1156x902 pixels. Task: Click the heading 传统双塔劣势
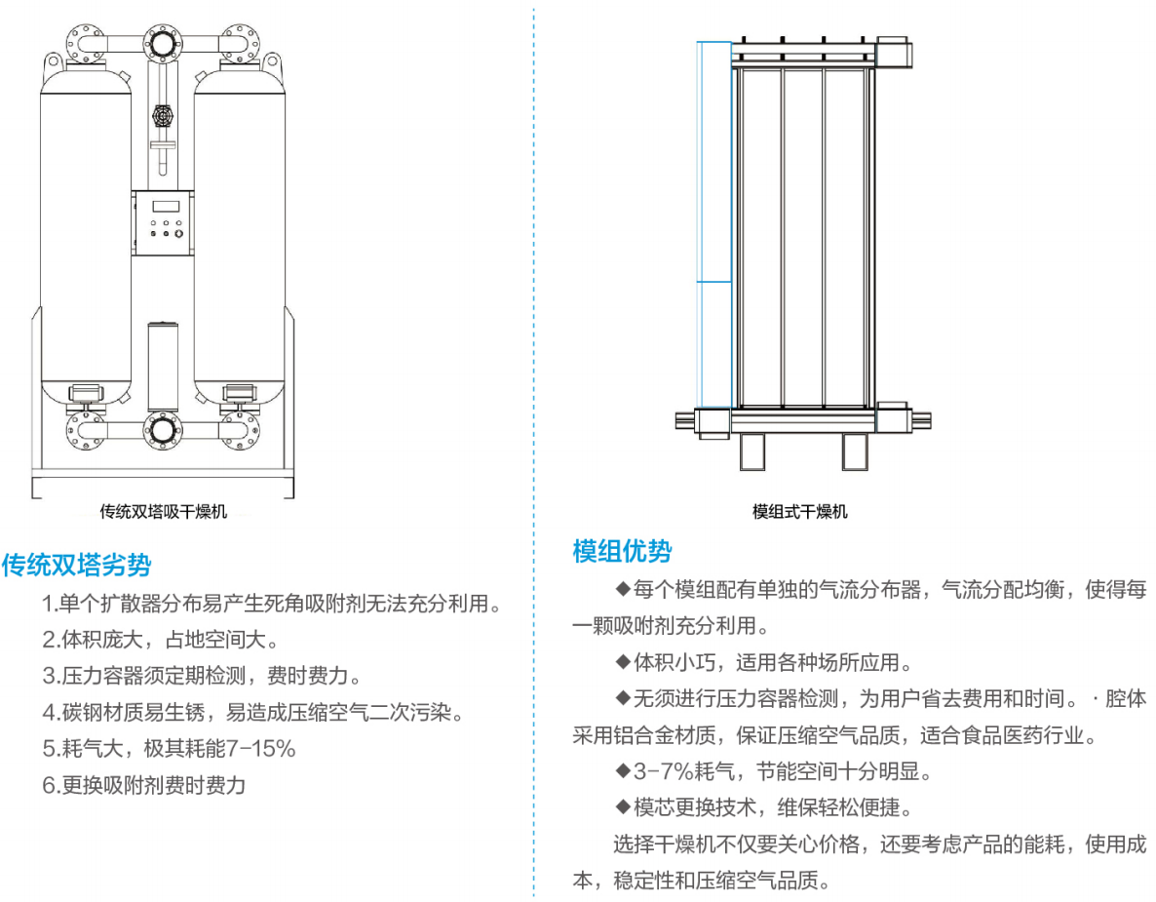click(x=77, y=565)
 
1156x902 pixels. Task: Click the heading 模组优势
click(x=622, y=551)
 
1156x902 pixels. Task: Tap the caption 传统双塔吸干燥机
click(x=164, y=511)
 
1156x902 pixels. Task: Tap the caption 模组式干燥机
click(x=799, y=512)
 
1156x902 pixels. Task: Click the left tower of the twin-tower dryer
click(x=85, y=234)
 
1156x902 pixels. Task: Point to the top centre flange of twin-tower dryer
click(x=162, y=43)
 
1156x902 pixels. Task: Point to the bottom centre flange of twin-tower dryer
click(x=162, y=429)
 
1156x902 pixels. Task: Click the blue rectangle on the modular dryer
click(x=714, y=224)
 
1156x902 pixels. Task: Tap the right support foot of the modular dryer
click(x=855, y=451)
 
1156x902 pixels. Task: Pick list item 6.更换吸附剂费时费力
click(x=144, y=785)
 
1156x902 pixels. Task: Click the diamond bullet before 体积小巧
click(x=623, y=662)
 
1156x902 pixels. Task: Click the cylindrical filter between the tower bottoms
click(x=162, y=366)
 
